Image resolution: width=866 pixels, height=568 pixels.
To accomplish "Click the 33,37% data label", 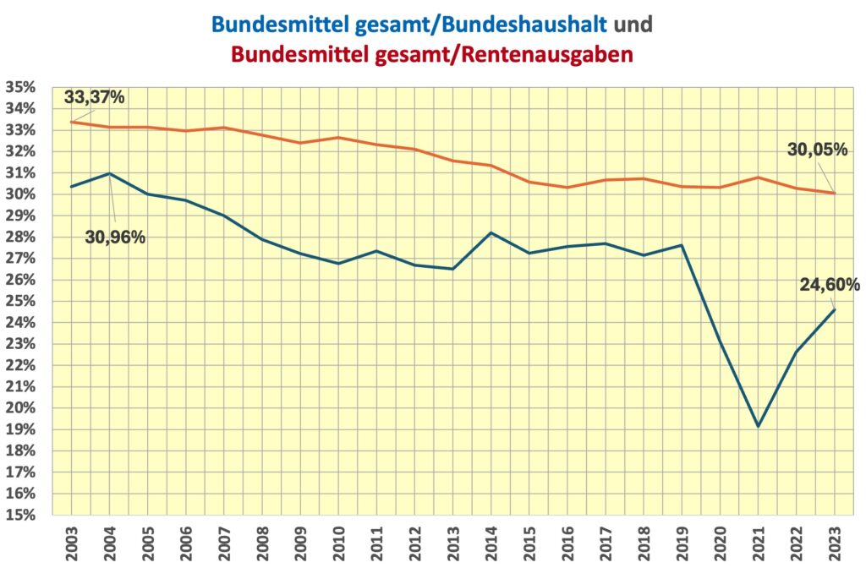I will point(94,96).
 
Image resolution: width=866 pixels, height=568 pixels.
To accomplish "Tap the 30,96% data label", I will point(115,238).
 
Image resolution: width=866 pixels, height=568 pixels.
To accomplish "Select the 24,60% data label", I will point(830,284).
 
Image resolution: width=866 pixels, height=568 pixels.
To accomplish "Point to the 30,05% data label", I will point(817,150).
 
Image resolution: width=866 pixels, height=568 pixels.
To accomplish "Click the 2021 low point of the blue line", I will point(759,426).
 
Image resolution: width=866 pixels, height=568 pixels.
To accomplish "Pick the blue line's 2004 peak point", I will point(110,173).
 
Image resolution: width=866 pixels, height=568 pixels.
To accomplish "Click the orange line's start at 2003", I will point(71,122).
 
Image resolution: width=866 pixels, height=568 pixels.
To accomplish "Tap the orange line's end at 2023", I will point(836,193).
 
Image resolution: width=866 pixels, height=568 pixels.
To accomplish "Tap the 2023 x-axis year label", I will point(836,540).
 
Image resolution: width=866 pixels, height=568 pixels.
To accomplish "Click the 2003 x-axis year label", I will point(71,540).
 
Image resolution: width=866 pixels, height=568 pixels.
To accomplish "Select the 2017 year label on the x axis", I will point(606,540).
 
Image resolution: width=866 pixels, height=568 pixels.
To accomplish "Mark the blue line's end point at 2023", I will point(836,309).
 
